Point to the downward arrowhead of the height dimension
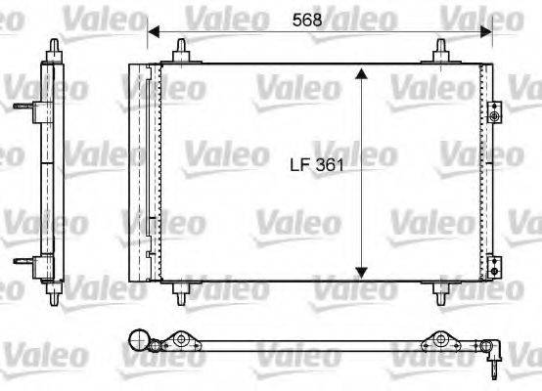[x=362, y=272]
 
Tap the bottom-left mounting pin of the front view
[x=182, y=291]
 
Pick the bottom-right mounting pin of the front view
[x=440, y=291]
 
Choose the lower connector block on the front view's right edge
[x=495, y=264]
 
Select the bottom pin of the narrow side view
[x=52, y=293]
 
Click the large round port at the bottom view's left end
[x=140, y=342]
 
